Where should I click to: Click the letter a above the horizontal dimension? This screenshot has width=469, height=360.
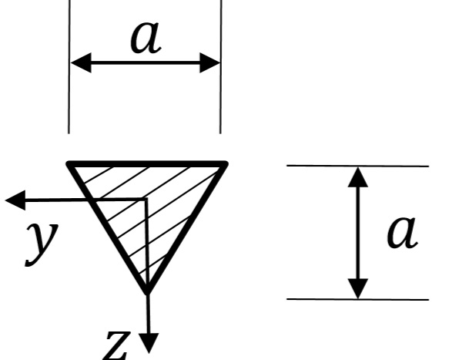coord(146,38)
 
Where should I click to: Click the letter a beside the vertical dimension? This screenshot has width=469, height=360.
coord(402,232)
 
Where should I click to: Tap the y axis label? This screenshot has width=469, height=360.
coord(42,244)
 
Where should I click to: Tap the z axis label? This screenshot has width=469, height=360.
coord(117,345)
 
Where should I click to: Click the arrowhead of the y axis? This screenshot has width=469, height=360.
coord(15,200)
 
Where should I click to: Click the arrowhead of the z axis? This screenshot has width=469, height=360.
coord(149,343)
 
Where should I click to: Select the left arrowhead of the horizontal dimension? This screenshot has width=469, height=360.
coord(81,63)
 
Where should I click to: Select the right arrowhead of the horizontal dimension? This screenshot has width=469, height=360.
coord(210,63)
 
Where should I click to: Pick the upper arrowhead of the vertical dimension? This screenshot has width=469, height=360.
coord(358,177)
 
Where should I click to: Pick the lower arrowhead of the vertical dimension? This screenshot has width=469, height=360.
coord(358,289)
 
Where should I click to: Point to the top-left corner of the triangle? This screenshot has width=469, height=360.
coord(69,163)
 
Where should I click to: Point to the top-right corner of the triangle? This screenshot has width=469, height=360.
coord(226,163)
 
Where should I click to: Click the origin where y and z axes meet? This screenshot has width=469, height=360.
coord(146,199)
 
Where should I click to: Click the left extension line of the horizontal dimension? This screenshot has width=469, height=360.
coord(69,66)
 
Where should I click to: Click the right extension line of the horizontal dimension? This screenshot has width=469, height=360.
coord(221,66)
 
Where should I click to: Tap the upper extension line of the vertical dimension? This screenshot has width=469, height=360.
coord(358,166)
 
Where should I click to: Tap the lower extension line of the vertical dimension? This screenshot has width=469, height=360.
coord(358,299)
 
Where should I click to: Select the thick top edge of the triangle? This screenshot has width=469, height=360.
coord(147,164)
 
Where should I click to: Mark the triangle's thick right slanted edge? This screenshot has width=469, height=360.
coord(186,228)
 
